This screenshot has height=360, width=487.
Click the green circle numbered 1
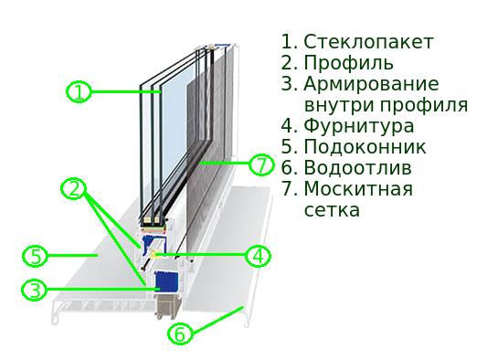(79, 91)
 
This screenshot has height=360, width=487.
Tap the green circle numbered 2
(74, 189)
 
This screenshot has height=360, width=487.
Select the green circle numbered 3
(33, 291)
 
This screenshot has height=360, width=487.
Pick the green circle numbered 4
(259, 256)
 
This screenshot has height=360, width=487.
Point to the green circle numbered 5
(33, 255)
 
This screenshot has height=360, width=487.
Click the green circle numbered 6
(181, 334)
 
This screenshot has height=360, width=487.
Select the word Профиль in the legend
(348, 63)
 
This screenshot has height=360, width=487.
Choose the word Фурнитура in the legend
(358, 126)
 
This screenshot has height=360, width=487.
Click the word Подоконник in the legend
(365, 147)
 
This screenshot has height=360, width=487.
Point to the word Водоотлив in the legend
(357, 168)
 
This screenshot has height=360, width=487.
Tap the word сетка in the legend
(331, 210)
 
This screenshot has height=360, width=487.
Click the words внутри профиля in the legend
(386, 105)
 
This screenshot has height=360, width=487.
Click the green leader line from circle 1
(123, 91)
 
